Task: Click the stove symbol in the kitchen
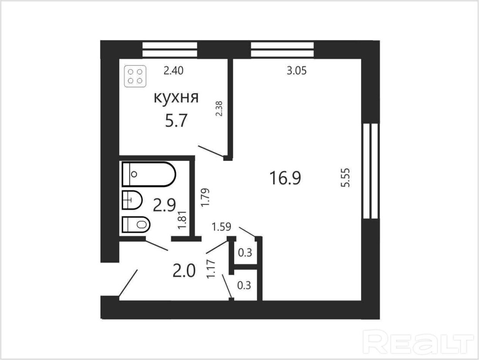(135, 76)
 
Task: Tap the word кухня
(176, 98)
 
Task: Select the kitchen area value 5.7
(175, 121)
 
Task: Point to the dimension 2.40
(173, 71)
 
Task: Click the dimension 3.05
(296, 71)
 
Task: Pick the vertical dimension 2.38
(219, 109)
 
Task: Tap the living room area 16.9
(285, 178)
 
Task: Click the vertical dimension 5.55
(346, 177)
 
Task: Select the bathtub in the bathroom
(149, 174)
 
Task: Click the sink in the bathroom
(132, 200)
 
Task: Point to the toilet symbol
(136, 225)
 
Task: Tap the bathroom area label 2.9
(164, 205)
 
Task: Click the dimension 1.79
(205, 197)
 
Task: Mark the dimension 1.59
(222, 227)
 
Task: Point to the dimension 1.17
(211, 269)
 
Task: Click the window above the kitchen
(169, 49)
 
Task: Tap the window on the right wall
(371, 171)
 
